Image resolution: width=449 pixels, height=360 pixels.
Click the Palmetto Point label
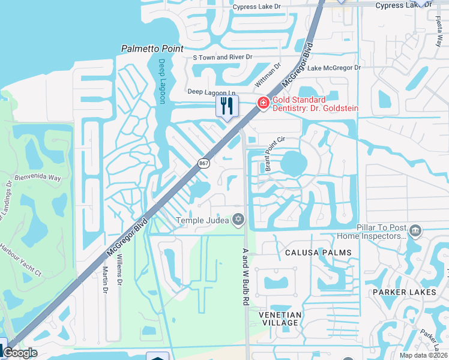152,48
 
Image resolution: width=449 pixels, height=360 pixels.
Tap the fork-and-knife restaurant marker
227,106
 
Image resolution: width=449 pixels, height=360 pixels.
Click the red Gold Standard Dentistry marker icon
262,104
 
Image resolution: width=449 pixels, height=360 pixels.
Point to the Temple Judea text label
202,220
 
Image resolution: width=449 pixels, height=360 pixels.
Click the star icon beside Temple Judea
239,220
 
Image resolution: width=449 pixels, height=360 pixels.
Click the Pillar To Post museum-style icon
415,230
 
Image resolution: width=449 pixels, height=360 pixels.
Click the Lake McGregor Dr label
334,68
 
